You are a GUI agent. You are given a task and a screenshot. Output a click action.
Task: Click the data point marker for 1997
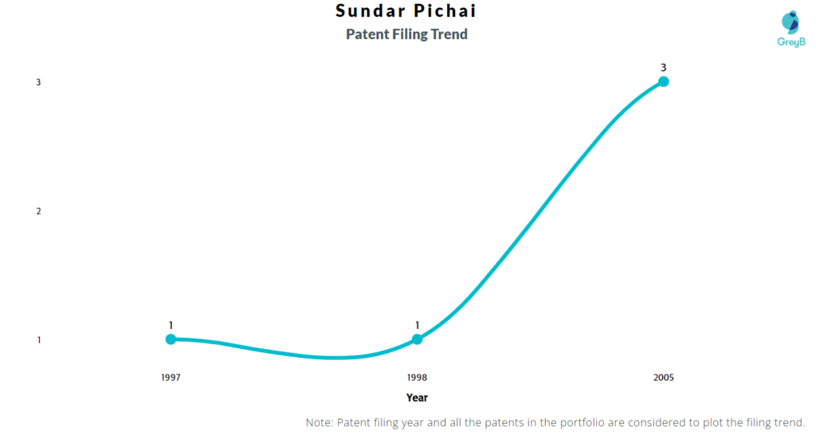tap(171, 339)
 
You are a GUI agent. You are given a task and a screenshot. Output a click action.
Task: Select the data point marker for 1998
tap(417, 339)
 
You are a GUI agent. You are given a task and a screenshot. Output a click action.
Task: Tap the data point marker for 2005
tap(664, 81)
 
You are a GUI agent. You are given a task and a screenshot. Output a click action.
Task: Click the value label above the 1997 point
tap(171, 325)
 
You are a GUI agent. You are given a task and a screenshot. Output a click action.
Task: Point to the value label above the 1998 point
tap(417, 325)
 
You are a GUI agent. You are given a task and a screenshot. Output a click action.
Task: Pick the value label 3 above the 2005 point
tap(664, 67)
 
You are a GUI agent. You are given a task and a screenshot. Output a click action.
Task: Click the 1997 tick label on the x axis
tap(171, 378)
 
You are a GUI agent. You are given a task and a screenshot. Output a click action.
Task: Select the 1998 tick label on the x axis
tap(417, 378)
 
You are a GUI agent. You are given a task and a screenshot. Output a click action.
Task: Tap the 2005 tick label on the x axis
tap(664, 378)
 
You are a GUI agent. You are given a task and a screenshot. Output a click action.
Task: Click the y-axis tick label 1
tap(38, 339)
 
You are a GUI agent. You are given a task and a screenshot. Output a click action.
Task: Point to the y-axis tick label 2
tap(38, 211)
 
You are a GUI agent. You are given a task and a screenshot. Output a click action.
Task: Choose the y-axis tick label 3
tap(38, 82)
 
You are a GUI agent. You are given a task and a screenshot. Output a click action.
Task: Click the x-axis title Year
tap(417, 398)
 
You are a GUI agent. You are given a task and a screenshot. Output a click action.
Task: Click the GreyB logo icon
tap(790, 22)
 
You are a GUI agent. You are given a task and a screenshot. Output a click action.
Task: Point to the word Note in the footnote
tap(318, 422)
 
